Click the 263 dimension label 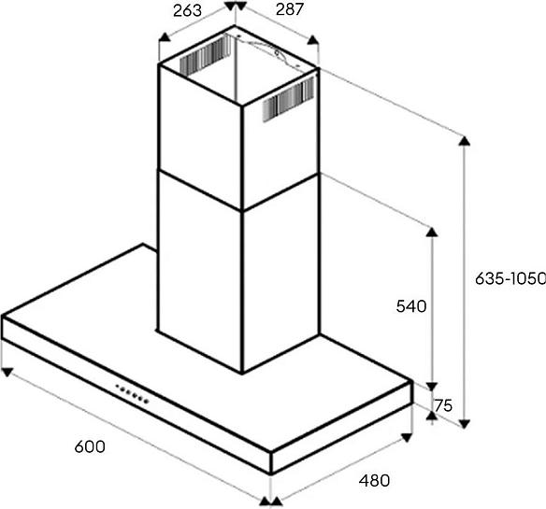click(x=187, y=10)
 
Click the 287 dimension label click(x=290, y=9)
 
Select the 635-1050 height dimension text click(x=510, y=278)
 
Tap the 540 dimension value click(x=411, y=306)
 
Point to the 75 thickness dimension click(x=443, y=405)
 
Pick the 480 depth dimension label click(x=374, y=481)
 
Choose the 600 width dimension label click(x=90, y=446)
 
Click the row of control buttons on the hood click(x=133, y=393)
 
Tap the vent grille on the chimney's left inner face click(x=205, y=56)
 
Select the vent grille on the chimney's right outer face click(x=288, y=100)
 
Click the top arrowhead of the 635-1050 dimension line click(x=465, y=140)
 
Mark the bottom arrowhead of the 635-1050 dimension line click(x=465, y=424)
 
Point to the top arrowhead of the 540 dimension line click(x=432, y=232)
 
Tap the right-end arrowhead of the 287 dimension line click(x=313, y=40)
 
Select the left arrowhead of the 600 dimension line click(x=7, y=372)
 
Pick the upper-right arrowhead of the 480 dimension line click(x=407, y=437)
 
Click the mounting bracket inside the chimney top click(x=268, y=52)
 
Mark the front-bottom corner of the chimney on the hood click(x=242, y=373)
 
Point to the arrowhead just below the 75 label click(x=432, y=416)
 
